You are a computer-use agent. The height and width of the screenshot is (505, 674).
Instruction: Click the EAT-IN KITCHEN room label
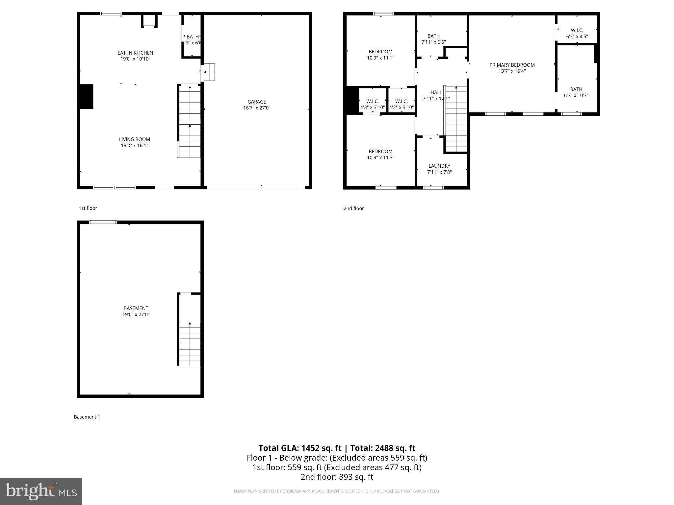(135, 53)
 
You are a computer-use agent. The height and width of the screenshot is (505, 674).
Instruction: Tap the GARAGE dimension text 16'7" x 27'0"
(257, 108)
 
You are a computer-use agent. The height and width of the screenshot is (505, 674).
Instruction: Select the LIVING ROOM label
(134, 139)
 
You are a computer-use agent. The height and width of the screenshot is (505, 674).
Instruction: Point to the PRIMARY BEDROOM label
(512, 65)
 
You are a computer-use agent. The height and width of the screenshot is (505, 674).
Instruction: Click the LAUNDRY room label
(439, 166)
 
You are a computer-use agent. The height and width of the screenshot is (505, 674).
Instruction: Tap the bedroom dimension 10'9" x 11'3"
(380, 157)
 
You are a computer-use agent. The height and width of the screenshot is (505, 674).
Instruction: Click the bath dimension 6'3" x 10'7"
(576, 95)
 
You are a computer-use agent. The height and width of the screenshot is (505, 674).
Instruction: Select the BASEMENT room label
(136, 308)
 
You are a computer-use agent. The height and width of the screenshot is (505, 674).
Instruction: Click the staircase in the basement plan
(190, 344)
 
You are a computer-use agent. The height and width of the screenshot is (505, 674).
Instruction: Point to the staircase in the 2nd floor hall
(456, 118)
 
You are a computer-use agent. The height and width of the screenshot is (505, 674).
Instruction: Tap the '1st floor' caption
(88, 208)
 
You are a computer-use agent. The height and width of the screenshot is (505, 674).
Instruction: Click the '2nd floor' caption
(353, 208)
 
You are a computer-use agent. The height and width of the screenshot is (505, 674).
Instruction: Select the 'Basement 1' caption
(87, 417)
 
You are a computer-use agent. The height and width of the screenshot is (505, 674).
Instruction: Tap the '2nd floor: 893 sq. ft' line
(337, 477)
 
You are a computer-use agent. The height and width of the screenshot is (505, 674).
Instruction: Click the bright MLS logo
(41, 491)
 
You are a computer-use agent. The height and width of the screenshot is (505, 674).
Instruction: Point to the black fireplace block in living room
(87, 96)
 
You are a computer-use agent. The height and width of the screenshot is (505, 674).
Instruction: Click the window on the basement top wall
(103, 222)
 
